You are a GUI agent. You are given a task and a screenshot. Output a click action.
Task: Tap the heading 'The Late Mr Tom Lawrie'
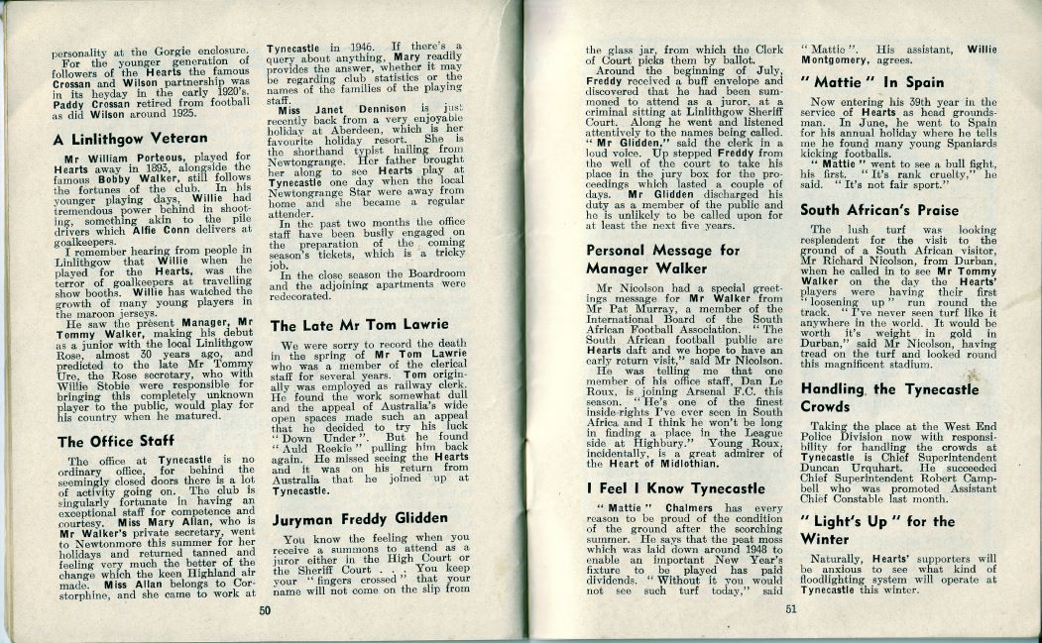(x=360, y=325)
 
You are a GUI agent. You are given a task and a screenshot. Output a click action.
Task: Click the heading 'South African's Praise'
(x=878, y=210)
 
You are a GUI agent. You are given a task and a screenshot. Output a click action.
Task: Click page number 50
(x=266, y=611)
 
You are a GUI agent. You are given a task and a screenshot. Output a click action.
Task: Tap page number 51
(x=789, y=611)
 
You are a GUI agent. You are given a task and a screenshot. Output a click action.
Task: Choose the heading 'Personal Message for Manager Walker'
(x=662, y=261)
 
